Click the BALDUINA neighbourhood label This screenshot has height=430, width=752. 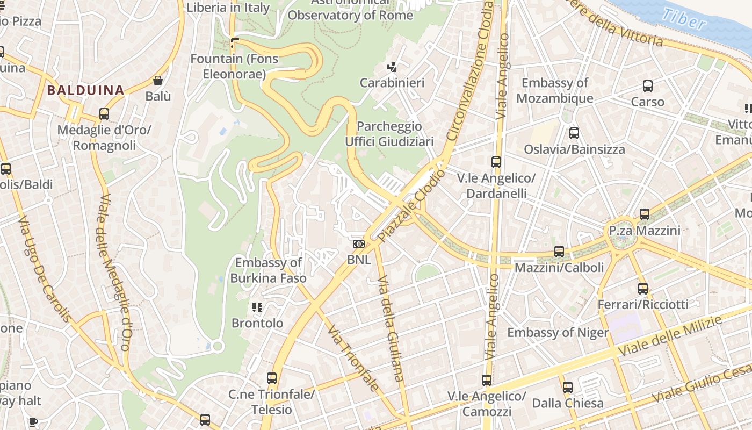point(85,90)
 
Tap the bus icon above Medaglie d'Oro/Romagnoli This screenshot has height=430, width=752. point(104,114)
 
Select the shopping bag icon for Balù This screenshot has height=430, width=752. point(158,81)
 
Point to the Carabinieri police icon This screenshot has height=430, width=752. point(392,67)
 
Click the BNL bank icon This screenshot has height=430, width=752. point(358,244)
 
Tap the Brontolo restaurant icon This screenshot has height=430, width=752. point(257,307)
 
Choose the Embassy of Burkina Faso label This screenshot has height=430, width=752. point(269,270)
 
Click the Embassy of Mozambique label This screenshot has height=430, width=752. point(555,90)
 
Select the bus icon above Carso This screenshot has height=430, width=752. point(648,85)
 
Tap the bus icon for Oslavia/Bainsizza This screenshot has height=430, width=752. point(574,133)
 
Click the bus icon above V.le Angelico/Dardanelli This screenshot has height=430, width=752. point(496,162)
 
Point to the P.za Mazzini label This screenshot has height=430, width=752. point(645,231)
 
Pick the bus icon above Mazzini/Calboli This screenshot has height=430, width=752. point(559,251)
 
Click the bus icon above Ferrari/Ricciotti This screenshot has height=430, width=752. point(643,289)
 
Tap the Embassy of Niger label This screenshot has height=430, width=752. point(558,333)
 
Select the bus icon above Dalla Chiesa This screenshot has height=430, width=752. point(568,387)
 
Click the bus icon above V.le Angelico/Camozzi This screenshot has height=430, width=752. point(487,381)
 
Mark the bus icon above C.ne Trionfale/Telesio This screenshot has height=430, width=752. point(272,378)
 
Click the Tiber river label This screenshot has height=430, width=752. point(684,19)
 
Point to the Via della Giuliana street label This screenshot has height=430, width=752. point(391,329)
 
